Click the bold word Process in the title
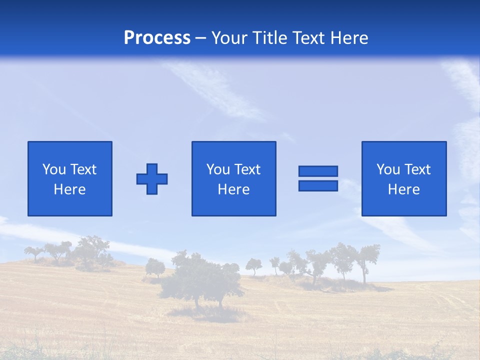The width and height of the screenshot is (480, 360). (157, 38)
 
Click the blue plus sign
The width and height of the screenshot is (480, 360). (152, 179)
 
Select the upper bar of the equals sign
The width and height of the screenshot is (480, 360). (318, 171)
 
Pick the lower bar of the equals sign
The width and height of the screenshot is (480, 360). (318, 185)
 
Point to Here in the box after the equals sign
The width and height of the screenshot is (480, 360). (403, 189)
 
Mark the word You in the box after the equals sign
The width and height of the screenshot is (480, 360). (388, 169)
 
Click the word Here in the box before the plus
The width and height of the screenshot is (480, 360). (69, 189)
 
